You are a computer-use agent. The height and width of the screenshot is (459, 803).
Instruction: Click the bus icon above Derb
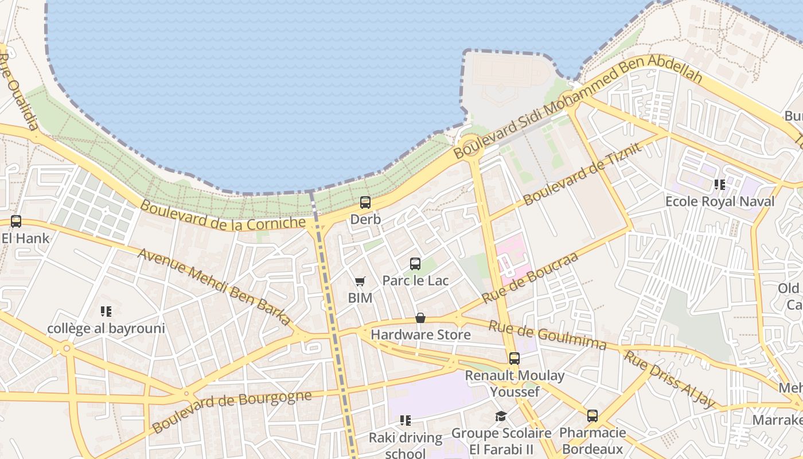click(x=365, y=202)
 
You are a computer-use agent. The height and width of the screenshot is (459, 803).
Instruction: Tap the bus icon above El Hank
click(x=16, y=221)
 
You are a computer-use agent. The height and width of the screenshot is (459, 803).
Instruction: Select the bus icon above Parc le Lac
click(x=415, y=264)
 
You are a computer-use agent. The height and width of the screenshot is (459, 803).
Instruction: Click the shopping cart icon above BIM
click(x=360, y=281)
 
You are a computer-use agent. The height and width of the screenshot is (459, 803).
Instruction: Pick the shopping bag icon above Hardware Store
click(x=420, y=318)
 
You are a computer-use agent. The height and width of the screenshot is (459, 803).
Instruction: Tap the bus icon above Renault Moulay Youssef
click(x=514, y=359)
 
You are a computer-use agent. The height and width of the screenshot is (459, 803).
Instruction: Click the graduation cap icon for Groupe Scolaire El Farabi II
click(x=501, y=416)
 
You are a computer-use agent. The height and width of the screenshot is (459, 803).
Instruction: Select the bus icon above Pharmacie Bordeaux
click(x=592, y=416)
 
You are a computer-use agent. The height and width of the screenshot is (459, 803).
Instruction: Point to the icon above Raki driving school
click(x=406, y=421)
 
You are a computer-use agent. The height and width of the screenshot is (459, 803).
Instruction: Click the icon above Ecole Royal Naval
click(x=719, y=185)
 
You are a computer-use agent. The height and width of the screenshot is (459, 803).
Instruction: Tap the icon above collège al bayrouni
click(x=106, y=312)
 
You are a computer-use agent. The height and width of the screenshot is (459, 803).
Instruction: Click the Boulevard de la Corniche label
click(x=223, y=216)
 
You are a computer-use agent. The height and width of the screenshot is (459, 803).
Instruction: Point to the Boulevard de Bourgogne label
click(x=232, y=411)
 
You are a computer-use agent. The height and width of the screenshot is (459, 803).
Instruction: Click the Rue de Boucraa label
click(x=530, y=277)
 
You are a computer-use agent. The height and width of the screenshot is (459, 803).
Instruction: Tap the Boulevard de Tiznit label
click(x=582, y=174)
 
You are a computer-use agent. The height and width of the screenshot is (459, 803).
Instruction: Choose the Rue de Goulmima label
click(x=547, y=335)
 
